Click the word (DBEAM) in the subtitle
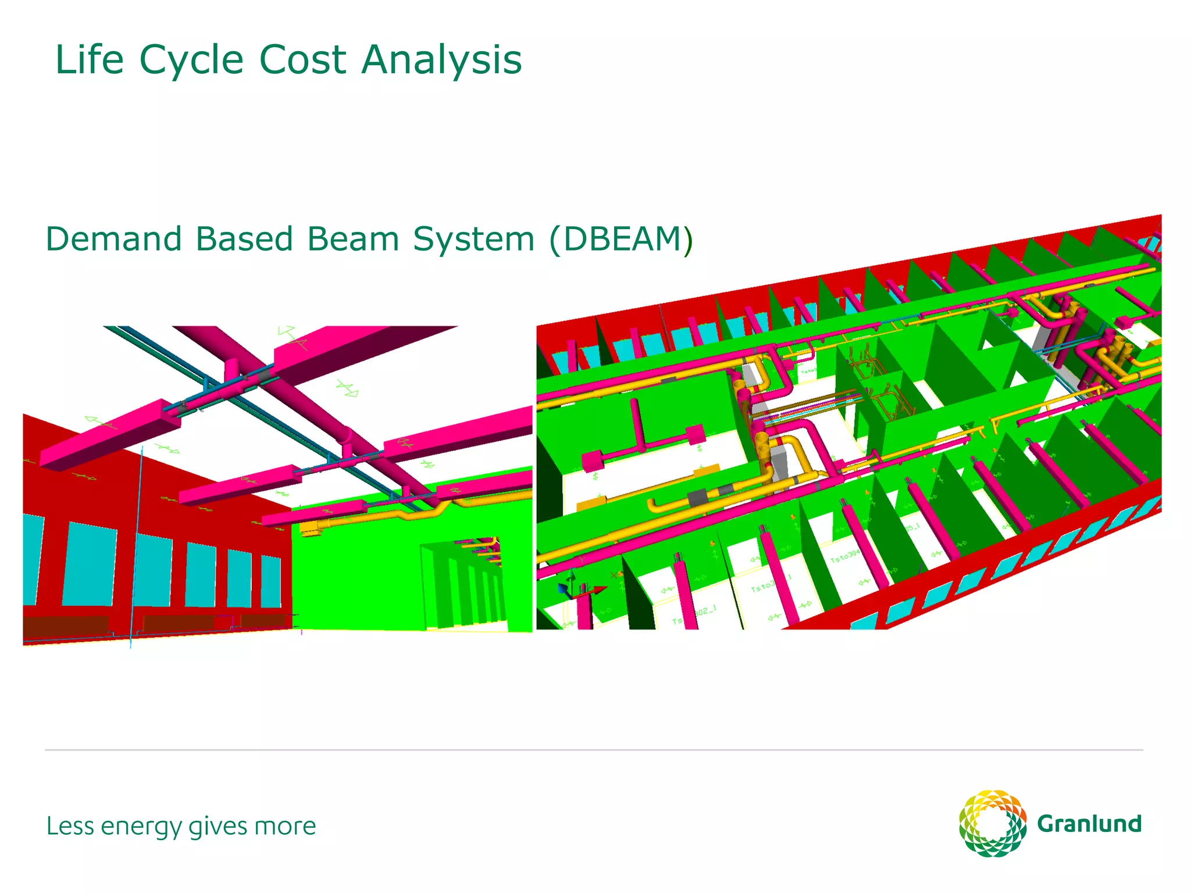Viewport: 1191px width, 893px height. pos(621,239)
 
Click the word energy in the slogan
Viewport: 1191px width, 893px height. pos(141,827)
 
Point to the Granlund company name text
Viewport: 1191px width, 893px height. pos(1089,824)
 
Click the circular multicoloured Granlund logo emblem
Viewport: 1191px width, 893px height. pos(992,823)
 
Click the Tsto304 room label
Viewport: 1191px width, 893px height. pos(844,556)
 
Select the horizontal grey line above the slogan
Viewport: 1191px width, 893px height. pos(593,750)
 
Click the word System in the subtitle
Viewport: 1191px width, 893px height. pos(473,239)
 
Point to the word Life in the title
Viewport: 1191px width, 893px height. pos(89,60)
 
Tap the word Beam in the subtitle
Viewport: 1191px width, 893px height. pos(352,239)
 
